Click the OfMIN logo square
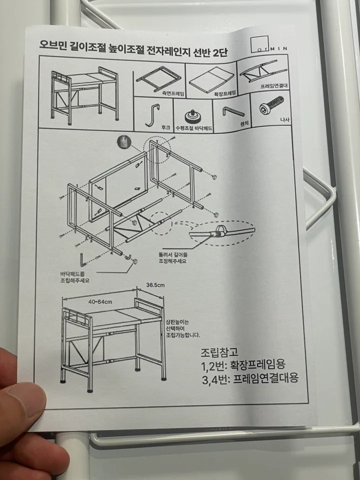259,44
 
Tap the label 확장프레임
225,92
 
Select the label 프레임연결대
274,86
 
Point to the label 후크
165,127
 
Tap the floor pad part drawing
192,116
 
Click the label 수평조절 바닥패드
193,128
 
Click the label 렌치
244,123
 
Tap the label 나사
284,119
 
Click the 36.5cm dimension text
155,285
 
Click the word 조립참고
219,352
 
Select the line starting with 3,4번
250,379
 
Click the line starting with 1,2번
243,364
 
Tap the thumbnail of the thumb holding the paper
24,401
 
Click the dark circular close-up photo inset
124,142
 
